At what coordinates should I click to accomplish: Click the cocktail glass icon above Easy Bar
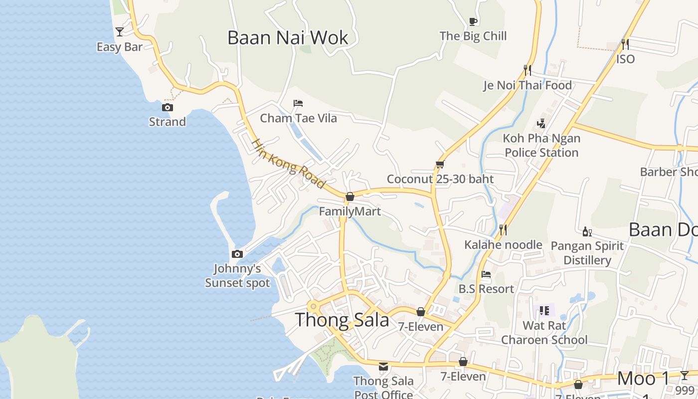pyautogui.click(x=119, y=32)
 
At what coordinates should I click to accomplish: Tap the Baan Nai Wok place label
pyautogui.click(x=288, y=38)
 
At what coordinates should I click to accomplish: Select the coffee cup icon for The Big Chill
pyautogui.click(x=473, y=21)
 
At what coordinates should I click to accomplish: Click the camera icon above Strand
pyautogui.click(x=168, y=107)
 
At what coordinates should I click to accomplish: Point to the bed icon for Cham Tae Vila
pyautogui.click(x=298, y=103)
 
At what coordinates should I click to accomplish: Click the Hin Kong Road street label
pyautogui.click(x=288, y=164)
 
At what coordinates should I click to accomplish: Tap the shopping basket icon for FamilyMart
pyautogui.click(x=350, y=197)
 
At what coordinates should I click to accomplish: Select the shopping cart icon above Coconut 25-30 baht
pyautogui.click(x=440, y=164)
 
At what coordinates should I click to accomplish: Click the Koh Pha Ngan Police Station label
pyautogui.click(x=541, y=145)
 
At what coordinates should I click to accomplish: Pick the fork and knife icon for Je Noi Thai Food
pyautogui.click(x=527, y=70)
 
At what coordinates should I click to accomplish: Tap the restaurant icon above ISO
pyautogui.click(x=625, y=44)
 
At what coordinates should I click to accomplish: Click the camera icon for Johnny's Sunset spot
pyautogui.click(x=237, y=254)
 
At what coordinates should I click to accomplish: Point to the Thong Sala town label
pyautogui.click(x=342, y=320)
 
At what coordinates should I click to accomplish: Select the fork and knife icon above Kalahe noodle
pyautogui.click(x=503, y=230)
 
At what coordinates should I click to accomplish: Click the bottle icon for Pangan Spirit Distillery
pyautogui.click(x=587, y=231)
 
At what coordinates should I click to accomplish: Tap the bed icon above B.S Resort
pyautogui.click(x=486, y=274)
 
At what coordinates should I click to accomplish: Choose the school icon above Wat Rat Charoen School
pyautogui.click(x=544, y=311)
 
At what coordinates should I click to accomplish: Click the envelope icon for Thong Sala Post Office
pyautogui.click(x=383, y=367)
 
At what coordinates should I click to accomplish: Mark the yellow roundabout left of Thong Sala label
pyautogui.click(x=313, y=306)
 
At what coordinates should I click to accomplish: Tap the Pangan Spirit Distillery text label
pyautogui.click(x=587, y=253)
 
